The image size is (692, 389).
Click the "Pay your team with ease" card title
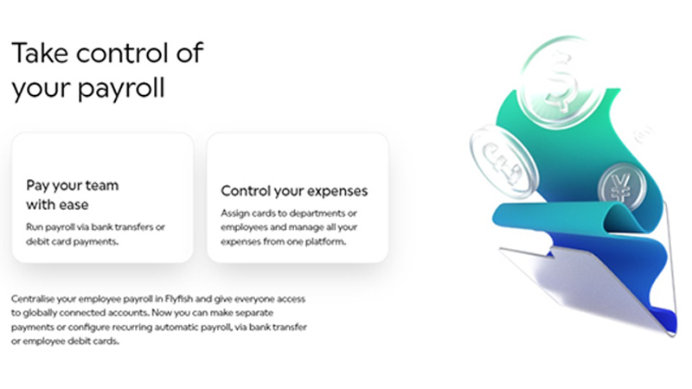point(72,195)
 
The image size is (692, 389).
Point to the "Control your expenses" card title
point(294,191)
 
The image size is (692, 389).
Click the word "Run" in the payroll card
point(35,226)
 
